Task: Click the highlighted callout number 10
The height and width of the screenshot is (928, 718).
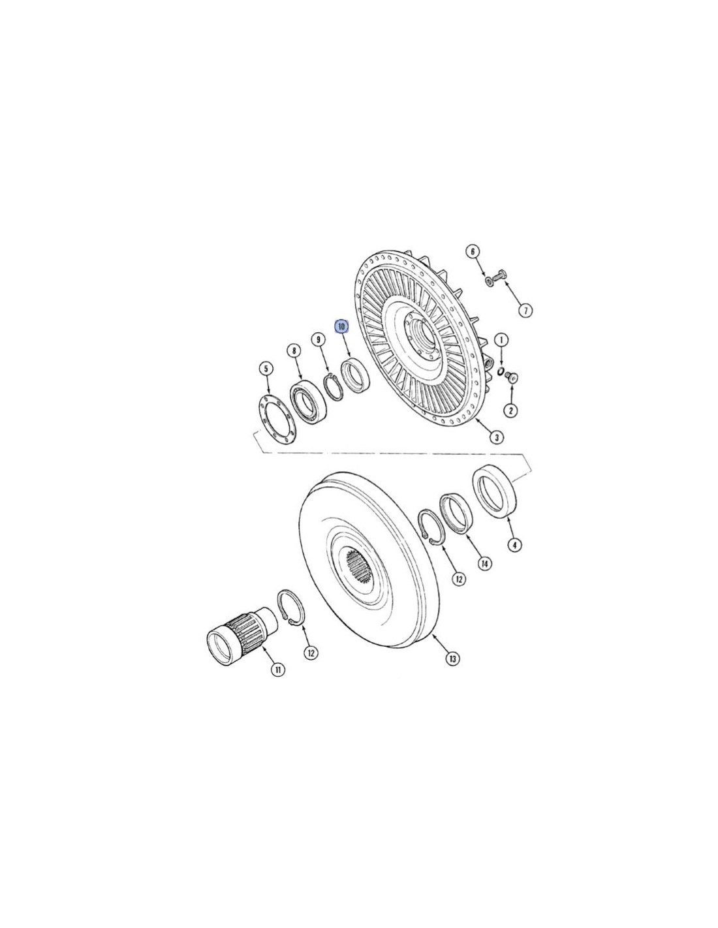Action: click(341, 326)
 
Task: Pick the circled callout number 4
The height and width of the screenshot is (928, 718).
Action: click(515, 544)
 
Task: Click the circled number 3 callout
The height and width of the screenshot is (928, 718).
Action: click(496, 437)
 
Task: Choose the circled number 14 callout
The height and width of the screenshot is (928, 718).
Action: click(484, 564)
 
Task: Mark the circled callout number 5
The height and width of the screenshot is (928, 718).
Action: click(266, 368)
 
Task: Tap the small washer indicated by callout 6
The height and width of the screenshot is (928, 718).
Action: click(488, 281)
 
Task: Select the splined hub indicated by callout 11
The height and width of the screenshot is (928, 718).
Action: click(241, 632)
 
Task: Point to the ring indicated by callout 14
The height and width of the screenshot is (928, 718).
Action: click(456, 514)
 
